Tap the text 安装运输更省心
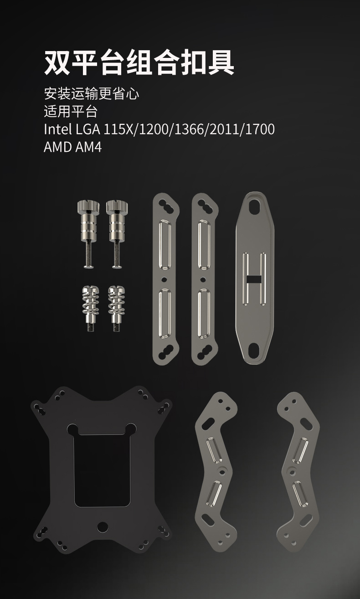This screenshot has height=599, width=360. (92, 93)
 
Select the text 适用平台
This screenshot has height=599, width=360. (71, 111)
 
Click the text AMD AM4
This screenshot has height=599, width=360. (73, 147)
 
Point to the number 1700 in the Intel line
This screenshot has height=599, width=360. (260, 129)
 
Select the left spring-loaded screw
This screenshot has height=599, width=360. (91, 308)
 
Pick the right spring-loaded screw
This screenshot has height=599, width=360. (117, 308)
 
